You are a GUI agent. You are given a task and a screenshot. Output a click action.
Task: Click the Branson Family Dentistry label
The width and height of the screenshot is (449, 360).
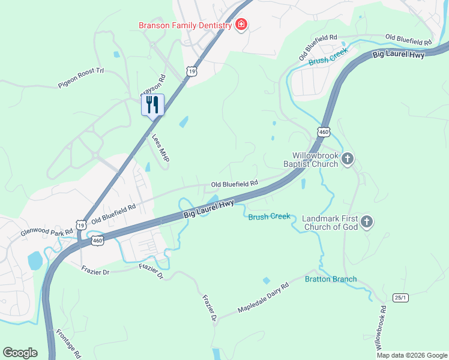pos(185,25)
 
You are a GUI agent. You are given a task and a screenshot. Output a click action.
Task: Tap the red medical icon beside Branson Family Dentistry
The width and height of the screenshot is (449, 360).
pos(241,25)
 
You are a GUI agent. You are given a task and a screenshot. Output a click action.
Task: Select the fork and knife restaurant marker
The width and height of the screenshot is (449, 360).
pos(152,105)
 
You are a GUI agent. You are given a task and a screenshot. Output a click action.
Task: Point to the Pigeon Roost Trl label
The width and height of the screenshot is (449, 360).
pos(81,78)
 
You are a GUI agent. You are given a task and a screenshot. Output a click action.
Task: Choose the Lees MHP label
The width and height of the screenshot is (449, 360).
pos(161,147)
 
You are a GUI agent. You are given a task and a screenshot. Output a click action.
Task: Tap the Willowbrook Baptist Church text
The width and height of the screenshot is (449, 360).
pos(315,159)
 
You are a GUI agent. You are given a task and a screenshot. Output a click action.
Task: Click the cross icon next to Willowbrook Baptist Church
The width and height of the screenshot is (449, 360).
pos(348,159)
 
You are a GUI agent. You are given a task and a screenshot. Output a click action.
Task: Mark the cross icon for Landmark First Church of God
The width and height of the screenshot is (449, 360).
pos(367,223)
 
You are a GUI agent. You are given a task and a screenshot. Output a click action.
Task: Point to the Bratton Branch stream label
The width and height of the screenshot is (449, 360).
pos(331,279)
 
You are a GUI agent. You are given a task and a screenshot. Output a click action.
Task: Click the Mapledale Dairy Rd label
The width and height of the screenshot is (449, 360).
pos(263,298)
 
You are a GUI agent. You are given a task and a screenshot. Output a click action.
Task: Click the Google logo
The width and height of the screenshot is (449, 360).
pos(20,353)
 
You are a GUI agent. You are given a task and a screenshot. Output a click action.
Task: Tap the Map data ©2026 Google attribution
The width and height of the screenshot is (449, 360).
pos(411,355)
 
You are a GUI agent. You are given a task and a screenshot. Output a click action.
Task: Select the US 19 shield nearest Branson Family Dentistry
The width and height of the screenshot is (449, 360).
pos(191,71)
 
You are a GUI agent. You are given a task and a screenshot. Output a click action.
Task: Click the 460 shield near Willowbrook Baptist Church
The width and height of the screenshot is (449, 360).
pos(324,131)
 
